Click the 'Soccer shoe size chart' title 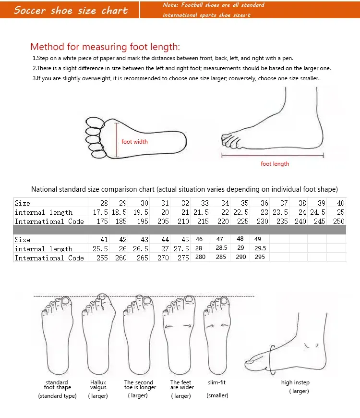point(71,10)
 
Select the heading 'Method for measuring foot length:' point(105,47)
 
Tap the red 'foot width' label point(134,142)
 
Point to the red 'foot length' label point(275,164)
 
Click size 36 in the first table point(264,203)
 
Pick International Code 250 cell point(339,221)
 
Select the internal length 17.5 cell point(100,212)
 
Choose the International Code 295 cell point(260,258)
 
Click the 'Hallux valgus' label point(98,385)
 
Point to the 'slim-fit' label point(217,382)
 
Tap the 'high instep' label point(295,382)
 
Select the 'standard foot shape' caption point(57,385)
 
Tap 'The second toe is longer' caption point(140,385)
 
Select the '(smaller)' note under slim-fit point(217,395)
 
